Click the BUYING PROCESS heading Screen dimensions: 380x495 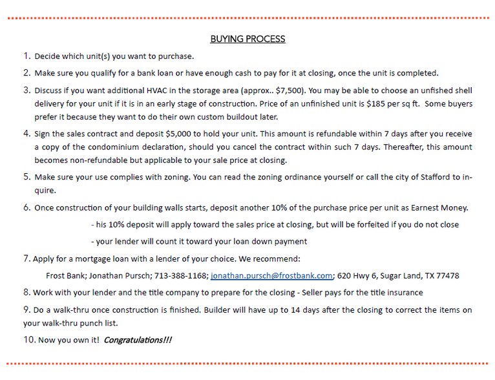click(x=247, y=39)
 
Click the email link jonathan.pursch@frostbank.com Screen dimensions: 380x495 click(x=271, y=275)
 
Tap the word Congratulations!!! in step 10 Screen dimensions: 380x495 click(x=138, y=340)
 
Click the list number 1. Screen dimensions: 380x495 click(x=26, y=56)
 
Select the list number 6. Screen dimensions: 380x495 click(x=26, y=207)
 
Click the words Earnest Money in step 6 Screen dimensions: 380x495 click(x=437, y=207)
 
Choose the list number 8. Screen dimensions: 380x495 click(x=26, y=292)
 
